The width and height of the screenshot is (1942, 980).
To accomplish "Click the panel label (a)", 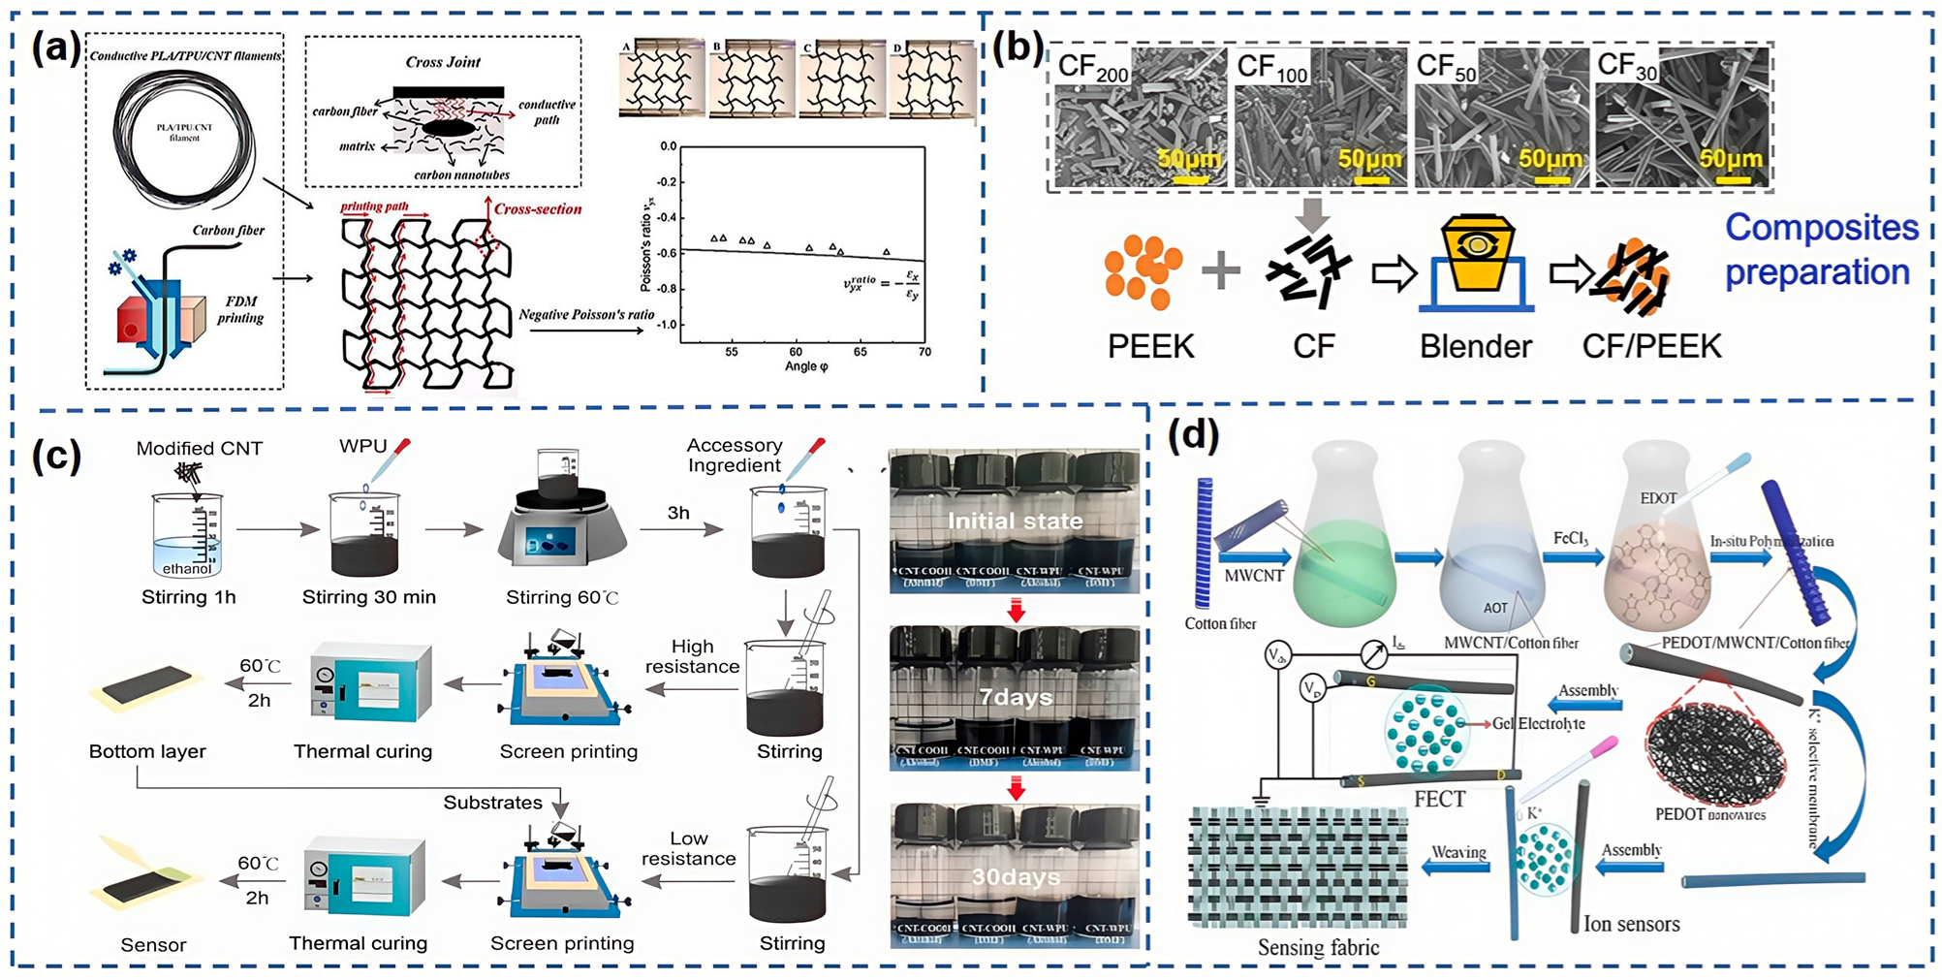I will click(x=55, y=47).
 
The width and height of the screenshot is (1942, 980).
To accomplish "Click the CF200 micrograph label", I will click(x=1092, y=68).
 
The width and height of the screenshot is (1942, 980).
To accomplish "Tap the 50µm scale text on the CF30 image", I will click(x=1730, y=158).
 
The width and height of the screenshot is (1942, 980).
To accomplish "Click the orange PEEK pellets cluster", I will click(x=1143, y=271).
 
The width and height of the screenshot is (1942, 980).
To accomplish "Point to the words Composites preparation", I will click(x=1820, y=250).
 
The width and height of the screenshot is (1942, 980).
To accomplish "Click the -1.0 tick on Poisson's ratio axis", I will click(x=667, y=325).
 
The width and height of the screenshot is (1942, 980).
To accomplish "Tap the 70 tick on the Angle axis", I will click(x=924, y=352).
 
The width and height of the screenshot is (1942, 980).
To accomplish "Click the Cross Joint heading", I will click(x=443, y=62).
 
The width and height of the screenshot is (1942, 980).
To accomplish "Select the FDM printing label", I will click(x=240, y=309).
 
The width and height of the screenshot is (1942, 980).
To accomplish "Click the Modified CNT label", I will click(x=199, y=448).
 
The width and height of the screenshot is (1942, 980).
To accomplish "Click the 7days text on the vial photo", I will click(x=1015, y=697).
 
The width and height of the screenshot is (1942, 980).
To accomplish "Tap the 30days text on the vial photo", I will click(x=1015, y=877).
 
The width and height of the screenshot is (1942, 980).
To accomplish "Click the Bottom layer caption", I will click(x=147, y=751).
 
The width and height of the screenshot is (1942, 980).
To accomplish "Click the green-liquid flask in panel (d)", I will click(x=1344, y=543).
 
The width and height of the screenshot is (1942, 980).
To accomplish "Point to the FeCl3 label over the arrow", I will click(x=1569, y=538).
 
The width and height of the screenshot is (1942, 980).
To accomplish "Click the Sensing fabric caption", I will click(x=1318, y=947).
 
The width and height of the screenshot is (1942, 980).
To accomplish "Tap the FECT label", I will click(x=1439, y=799).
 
